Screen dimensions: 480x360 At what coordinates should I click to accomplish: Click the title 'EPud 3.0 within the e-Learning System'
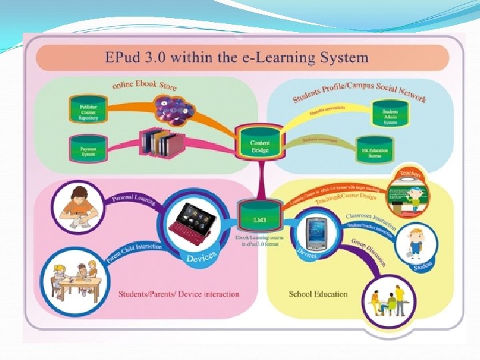(237, 57)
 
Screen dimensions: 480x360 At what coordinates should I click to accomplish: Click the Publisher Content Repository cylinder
(88, 110)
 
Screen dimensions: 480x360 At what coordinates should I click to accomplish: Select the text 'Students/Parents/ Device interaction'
(179, 294)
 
